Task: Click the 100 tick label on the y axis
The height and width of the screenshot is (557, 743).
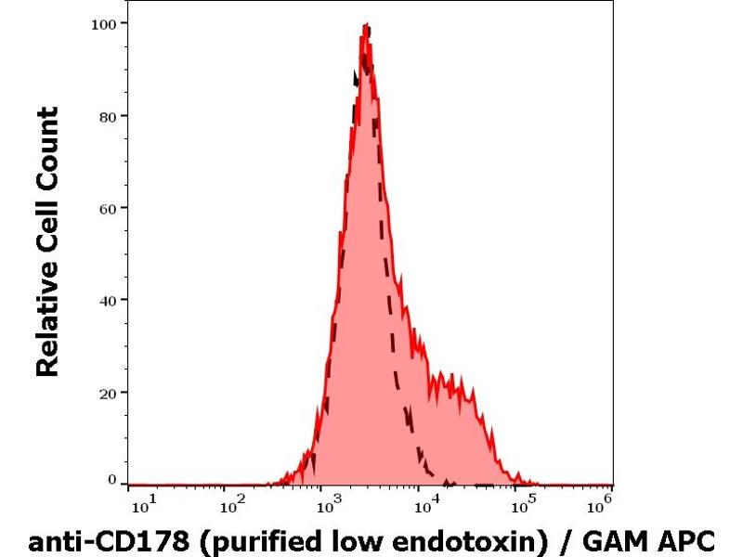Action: (x=104, y=22)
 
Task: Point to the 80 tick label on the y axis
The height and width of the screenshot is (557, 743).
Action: (x=108, y=116)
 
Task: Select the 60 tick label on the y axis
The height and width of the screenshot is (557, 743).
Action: (x=108, y=208)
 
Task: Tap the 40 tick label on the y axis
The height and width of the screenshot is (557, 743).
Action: (x=108, y=300)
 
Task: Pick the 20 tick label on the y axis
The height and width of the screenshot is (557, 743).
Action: (x=108, y=392)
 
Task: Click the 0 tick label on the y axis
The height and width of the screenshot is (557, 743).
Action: (x=112, y=480)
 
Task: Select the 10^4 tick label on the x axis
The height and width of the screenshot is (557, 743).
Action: (x=425, y=506)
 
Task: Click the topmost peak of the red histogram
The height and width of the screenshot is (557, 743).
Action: (x=368, y=25)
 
